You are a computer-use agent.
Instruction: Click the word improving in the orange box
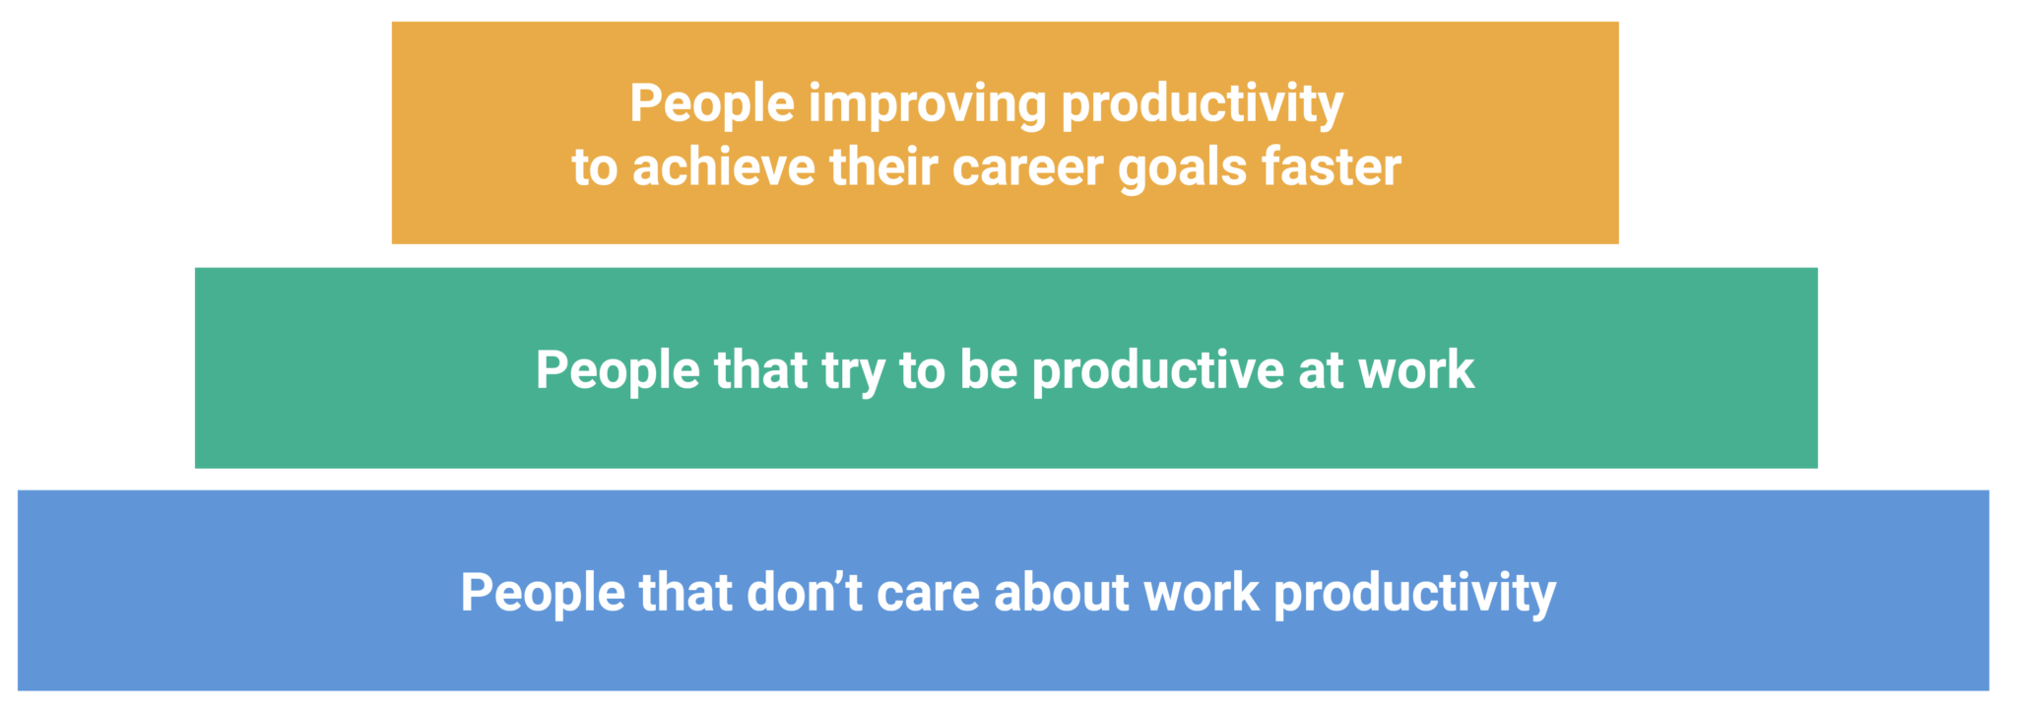pos(927,104)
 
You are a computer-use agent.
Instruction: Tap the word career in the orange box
pos(1027,167)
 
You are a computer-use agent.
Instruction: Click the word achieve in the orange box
pos(723,167)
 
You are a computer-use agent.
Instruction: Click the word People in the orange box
pos(711,104)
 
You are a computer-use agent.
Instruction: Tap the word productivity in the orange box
pos(1202,104)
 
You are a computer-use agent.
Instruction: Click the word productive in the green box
pos(1157,371)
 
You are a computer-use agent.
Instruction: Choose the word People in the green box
pos(618,371)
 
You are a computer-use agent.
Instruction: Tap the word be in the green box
pos(988,371)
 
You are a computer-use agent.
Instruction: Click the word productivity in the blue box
pos(1414,593)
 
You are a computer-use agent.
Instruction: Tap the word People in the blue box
pos(543,593)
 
